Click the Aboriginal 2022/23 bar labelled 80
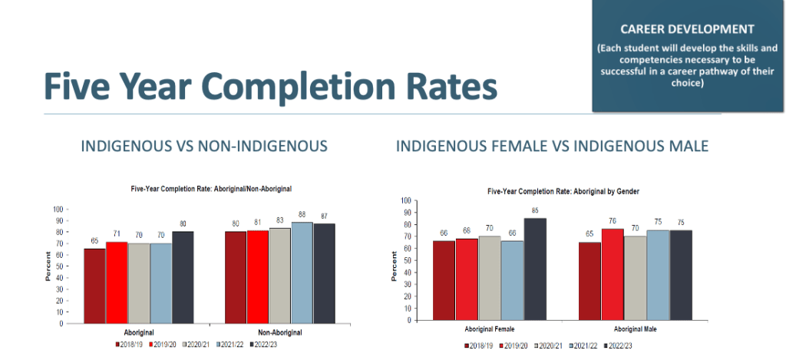pyautogui.click(x=183, y=277)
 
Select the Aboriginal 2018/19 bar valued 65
pyautogui.click(x=94, y=286)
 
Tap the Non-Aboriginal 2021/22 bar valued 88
pyautogui.click(x=302, y=272)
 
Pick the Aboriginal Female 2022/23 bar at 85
pyautogui.click(x=535, y=269)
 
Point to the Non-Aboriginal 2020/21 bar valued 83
pyautogui.click(x=280, y=276)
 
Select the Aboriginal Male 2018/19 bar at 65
pyautogui.click(x=590, y=281)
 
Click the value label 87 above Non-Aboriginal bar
pyautogui.click(x=324, y=216)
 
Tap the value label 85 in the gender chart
pyautogui.click(x=535, y=211)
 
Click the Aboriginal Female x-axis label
pyautogui.click(x=489, y=329)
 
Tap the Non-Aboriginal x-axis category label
pyautogui.click(x=280, y=332)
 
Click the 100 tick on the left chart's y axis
pyautogui.click(x=58, y=209)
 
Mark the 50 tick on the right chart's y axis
pyautogui.click(x=406, y=260)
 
